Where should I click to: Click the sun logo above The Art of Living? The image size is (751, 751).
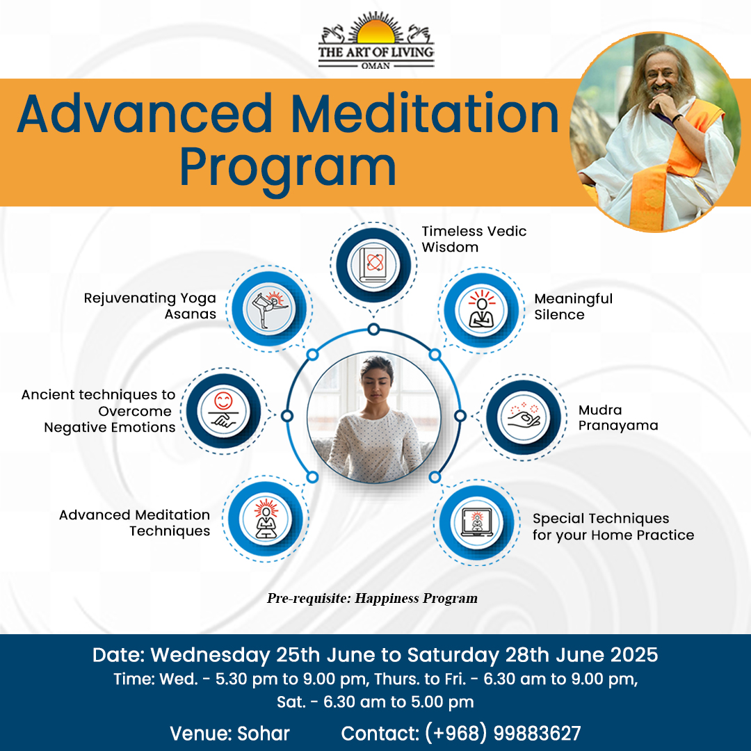tap(376, 31)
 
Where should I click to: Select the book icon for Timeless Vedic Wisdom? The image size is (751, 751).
tap(373, 265)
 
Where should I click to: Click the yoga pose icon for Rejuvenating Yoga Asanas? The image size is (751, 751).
tap(268, 309)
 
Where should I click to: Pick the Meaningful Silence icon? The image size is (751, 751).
tap(482, 309)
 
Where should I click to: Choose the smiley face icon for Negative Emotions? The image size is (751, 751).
tap(223, 410)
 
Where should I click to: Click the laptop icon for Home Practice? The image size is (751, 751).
tap(477, 522)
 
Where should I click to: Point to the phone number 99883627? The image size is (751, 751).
tap(537, 734)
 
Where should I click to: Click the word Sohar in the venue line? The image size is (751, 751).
tap(264, 734)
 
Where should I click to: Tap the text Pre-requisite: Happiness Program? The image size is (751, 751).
tap(372, 598)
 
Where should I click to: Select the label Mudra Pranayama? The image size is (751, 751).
tap(618, 418)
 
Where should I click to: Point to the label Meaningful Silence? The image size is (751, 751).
tap(573, 307)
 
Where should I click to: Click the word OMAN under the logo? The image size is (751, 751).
tap(375, 65)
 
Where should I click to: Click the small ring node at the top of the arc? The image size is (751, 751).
tap(373, 330)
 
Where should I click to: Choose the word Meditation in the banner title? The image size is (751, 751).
tap(425, 114)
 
